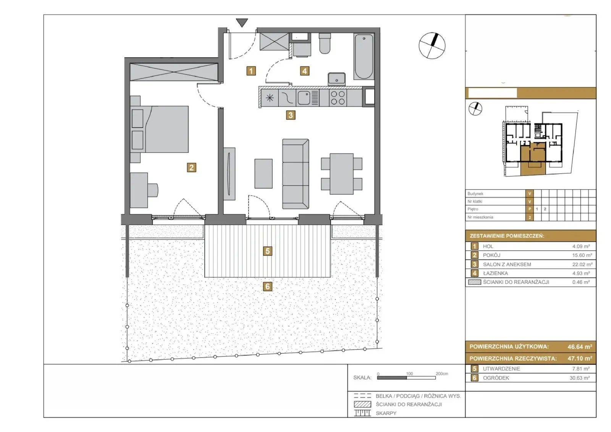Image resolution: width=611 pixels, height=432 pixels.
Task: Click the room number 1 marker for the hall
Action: click(251, 71)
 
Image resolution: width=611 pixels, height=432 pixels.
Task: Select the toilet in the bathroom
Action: click(325, 44)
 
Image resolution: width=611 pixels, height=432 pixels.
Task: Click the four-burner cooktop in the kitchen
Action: click(338, 98)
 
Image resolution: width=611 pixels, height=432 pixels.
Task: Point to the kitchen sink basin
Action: click(304, 98)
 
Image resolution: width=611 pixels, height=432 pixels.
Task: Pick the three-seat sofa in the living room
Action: click(296, 174)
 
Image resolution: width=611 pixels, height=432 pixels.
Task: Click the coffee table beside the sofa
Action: click(263, 174)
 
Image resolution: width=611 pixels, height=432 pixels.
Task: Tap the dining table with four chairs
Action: click(341, 174)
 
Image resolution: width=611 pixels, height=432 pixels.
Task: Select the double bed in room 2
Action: click(160, 129)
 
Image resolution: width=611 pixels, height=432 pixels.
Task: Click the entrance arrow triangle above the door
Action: click(242, 23)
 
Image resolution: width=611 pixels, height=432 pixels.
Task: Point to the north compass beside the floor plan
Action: click(432, 45)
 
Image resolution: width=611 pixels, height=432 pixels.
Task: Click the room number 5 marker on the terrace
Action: click(267, 251)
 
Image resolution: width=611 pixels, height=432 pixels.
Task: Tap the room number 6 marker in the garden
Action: click(267, 287)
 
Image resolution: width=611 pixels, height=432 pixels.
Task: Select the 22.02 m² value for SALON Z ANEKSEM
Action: click(582, 264)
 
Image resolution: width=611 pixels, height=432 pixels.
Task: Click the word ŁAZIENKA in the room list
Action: click(495, 273)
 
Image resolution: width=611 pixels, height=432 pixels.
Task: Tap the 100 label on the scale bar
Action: click(409, 374)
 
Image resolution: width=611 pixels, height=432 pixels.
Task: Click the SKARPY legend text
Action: click(386, 413)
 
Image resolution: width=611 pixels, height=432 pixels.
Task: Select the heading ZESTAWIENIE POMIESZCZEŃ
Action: click(507, 236)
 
